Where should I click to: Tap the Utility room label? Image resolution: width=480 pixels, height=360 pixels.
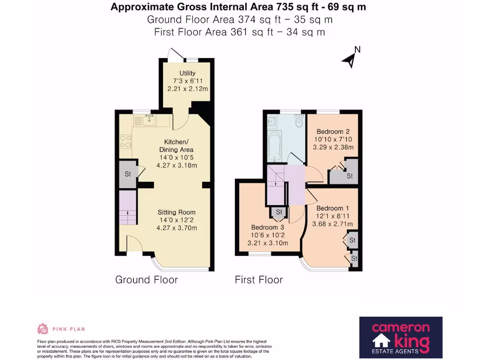click(187, 73)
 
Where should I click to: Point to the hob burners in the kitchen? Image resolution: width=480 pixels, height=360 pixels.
click(125, 141)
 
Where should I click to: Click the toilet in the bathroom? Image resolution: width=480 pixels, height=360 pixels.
click(299, 120)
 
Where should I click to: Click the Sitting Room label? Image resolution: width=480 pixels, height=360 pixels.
click(177, 212)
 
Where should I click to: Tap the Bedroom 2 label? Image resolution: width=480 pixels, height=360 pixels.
click(333, 132)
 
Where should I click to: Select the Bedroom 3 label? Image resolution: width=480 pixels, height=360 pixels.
click(268, 227)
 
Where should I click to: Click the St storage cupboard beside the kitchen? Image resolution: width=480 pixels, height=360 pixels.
click(127, 174)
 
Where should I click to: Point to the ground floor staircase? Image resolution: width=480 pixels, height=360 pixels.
click(127, 208)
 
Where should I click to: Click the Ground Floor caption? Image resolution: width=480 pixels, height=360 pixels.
click(146, 279)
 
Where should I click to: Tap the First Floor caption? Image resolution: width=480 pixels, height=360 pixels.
click(259, 279)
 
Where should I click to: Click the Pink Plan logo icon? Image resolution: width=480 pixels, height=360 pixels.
click(43, 329)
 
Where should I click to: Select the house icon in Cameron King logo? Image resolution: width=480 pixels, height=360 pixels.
click(381, 341)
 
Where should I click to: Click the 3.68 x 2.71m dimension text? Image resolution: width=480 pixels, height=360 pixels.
click(332, 224)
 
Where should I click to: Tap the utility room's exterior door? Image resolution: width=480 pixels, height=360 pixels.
click(176, 54)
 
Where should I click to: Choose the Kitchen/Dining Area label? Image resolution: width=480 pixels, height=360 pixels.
click(176, 146)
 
